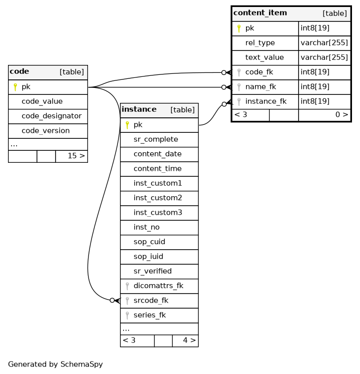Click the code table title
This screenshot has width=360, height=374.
pyautogui.click(x=19, y=71)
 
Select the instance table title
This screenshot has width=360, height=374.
pyautogui.click(x=139, y=109)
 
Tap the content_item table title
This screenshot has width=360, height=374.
pyautogui.click(x=260, y=12)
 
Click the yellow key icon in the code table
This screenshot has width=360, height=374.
pyautogui.click(x=15, y=87)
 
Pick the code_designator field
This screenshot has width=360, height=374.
pyautogui.click(x=51, y=116)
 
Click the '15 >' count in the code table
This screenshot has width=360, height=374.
pyautogui.click(x=76, y=156)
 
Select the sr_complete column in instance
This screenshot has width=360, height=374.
pyautogui.click(x=156, y=139)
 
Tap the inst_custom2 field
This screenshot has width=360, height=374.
pyautogui.click(x=157, y=198)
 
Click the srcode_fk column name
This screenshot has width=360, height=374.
pyautogui.click(x=151, y=301)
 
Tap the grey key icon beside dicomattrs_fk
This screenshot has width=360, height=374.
pyautogui.click(x=127, y=286)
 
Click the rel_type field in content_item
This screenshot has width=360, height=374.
pyautogui.click(x=260, y=43)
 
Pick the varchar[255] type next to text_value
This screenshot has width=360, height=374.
pyautogui.click(x=324, y=57)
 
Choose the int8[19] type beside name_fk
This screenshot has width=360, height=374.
pyautogui.click(x=315, y=87)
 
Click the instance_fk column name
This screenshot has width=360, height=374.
pyautogui.click(x=266, y=101)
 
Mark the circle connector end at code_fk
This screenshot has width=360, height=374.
pyautogui.click(x=223, y=72)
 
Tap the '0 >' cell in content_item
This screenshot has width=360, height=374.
pyautogui.click(x=341, y=114)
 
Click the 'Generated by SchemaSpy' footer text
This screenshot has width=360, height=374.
pyautogui.click(x=55, y=364)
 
